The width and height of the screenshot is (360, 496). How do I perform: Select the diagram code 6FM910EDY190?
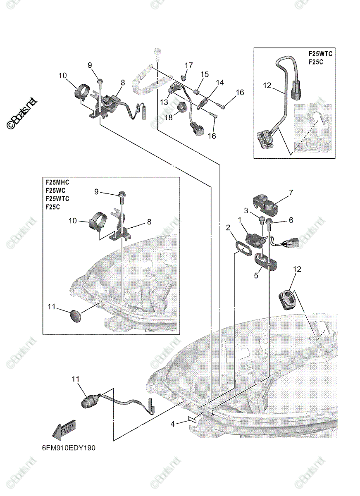tap(68, 448)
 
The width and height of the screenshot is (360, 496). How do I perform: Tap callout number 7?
tap(291, 192)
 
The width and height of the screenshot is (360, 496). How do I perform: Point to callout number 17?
tap(188, 65)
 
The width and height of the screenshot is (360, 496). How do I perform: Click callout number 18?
tap(169, 117)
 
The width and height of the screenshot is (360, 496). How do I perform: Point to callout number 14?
tap(219, 82)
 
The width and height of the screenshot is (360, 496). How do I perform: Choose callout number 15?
tap(205, 74)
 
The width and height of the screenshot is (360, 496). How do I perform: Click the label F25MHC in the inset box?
tap(57, 181)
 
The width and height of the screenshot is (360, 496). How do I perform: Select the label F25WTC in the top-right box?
tap(320, 54)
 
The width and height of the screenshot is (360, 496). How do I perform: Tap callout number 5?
tap(256, 274)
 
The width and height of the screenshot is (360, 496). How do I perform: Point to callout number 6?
tap(291, 220)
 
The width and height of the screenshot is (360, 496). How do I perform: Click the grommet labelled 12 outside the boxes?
tap(287, 298)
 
